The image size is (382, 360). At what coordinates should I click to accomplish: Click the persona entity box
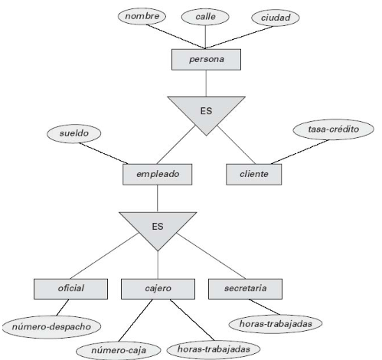pyautogui.click(x=204, y=58)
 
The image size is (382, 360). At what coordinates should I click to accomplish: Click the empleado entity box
pyautogui.click(x=158, y=174)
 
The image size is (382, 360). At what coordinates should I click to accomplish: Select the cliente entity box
pyautogui.click(x=253, y=174)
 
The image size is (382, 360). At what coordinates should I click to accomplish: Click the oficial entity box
pyautogui.click(x=70, y=288)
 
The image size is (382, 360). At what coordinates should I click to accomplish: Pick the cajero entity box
pyautogui.click(x=158, y=288)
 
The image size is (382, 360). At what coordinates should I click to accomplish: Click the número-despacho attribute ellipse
pyautogui.click(x=53, y=327)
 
